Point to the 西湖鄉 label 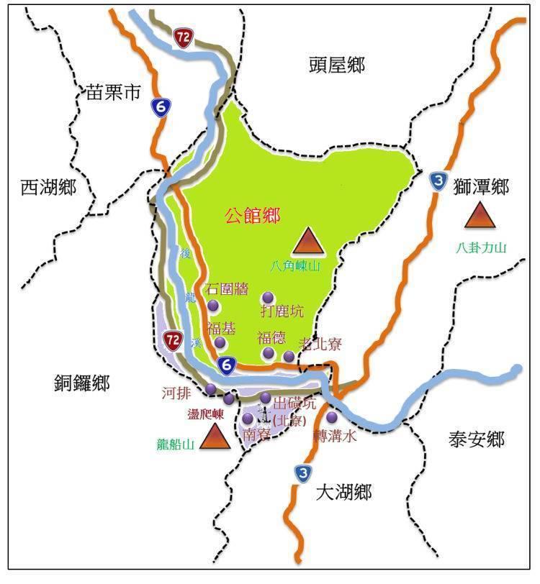pyautogui.click(x=48, y=188)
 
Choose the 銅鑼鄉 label pyautogui.click(x=81, y=383)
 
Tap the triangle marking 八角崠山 pyautogui.click(x=309, y=242)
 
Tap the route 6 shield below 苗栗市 pyautogui.click(x=159, y=107)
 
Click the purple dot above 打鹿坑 pyautogui.click(x=268, y=297)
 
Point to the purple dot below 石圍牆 pyautogui.click(x=213, y=306)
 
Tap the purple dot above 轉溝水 pyautogui.click(x=332, y=417)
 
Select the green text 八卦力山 pyautogui.click(x=481, y=248)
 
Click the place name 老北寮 pyautogui.click(x=319, y=345)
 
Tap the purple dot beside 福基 pyautogui.click(x=220, y=342)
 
